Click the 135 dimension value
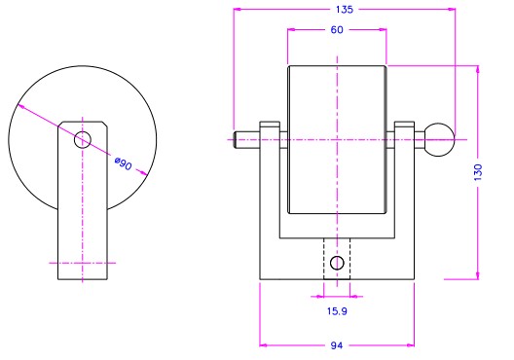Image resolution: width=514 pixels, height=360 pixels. (345, 10)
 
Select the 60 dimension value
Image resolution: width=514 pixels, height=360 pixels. (337, 30)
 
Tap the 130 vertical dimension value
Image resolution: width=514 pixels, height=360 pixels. (478, 172)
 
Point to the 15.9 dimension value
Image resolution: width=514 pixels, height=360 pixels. (337, 310)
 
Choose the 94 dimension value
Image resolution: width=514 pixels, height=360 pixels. (336, 345)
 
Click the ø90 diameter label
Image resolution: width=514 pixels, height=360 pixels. (124, 163)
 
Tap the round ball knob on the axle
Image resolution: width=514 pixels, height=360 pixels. (440, 139)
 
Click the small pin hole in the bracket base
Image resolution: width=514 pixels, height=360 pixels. (337, 263)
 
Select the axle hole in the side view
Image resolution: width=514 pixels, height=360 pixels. (83, 140)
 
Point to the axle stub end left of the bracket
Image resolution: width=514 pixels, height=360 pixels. (246, 139)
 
